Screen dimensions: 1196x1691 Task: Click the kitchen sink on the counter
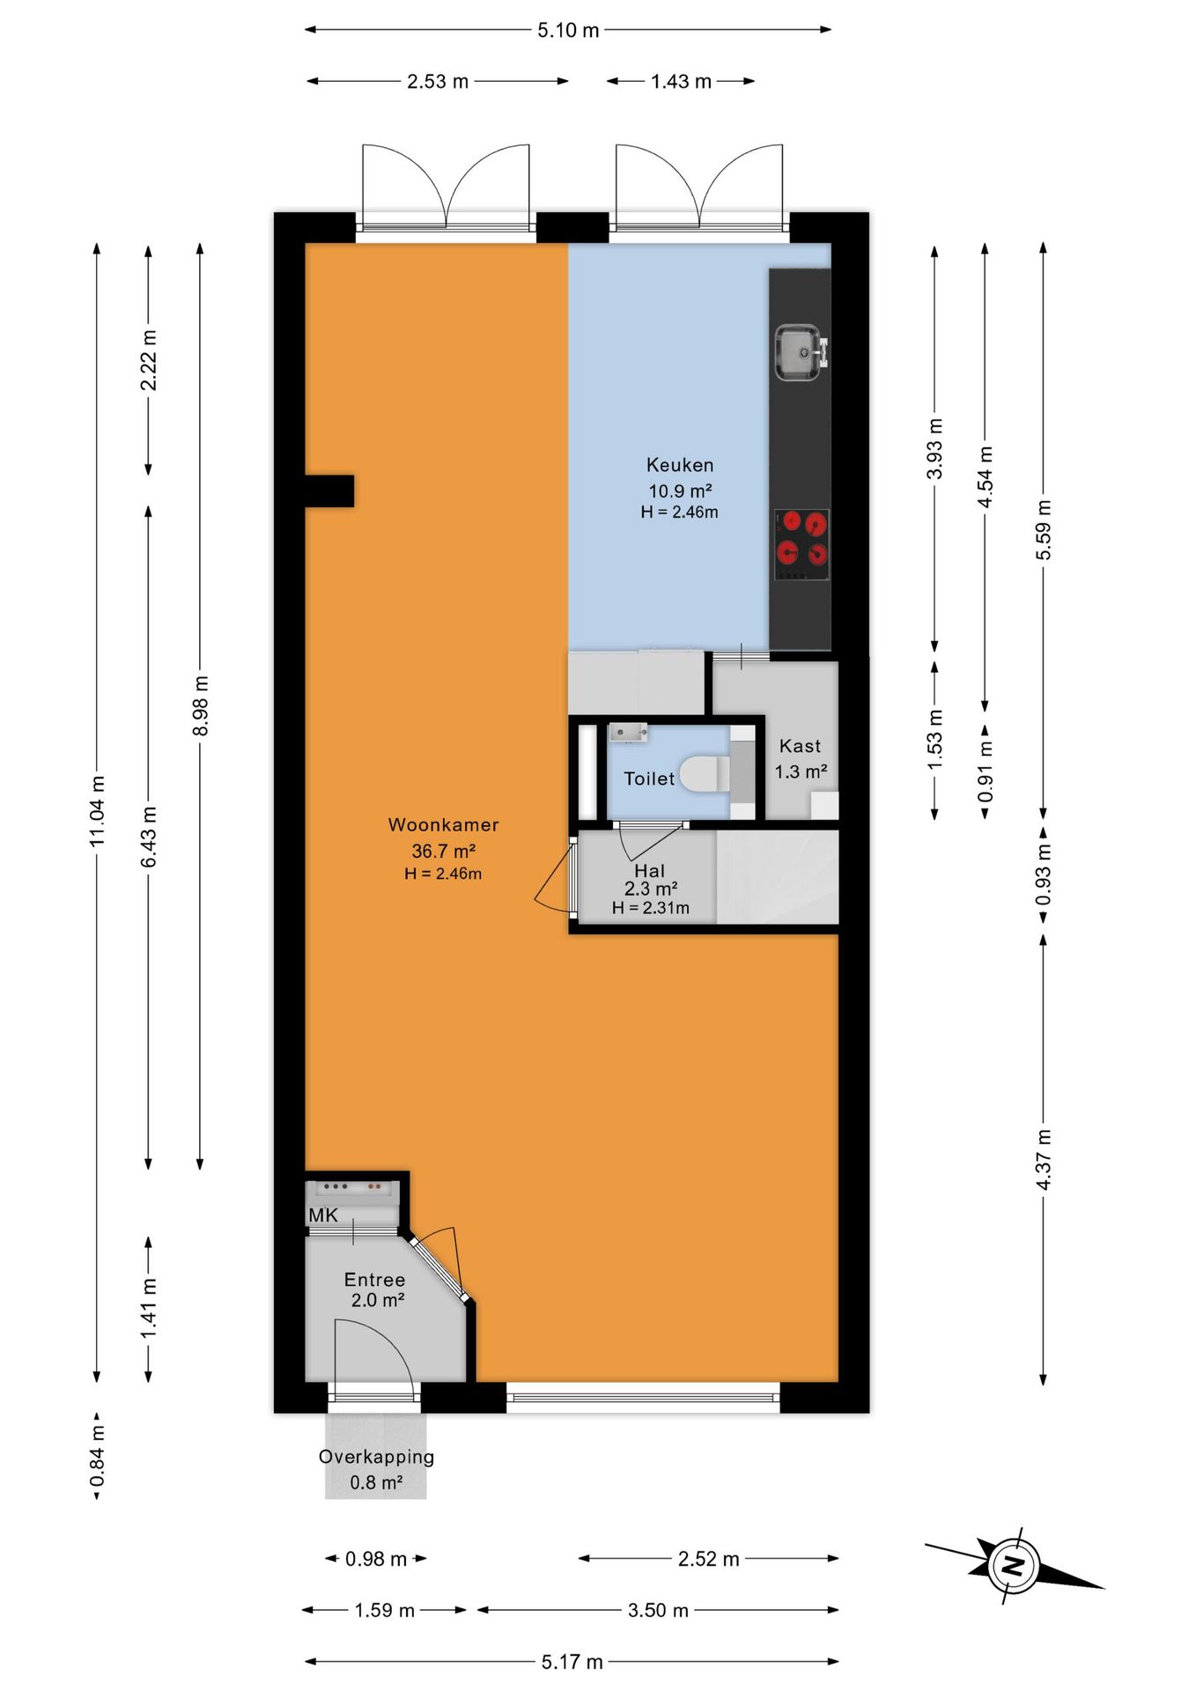tap(801, 353)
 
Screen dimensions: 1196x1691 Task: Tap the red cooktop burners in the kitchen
tap(801, 544)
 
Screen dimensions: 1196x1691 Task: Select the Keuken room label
tap(680, 465)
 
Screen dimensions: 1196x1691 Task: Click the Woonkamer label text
tap(443, 825)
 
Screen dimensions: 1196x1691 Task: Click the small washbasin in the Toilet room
tap(628, 732)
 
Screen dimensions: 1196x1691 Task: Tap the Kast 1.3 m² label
tap(801, 758)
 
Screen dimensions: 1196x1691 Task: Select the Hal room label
tap(650, 871)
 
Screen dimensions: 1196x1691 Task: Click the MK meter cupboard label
tap(323, 1215)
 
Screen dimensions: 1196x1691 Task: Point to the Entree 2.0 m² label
tap(376, 1289)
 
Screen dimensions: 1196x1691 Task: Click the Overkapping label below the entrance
tap(376, 1457)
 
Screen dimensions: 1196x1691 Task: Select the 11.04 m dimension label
tap(97, 811)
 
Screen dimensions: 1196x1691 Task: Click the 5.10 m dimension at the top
tap(569, 31)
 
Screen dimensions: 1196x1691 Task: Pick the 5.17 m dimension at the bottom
tap(572, 1662)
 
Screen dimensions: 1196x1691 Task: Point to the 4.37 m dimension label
tap(1044, 1159)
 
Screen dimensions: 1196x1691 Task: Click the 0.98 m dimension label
tap(376, 1559)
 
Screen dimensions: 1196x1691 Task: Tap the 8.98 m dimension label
tap(201, 706)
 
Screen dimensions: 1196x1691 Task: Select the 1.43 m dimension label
tap(682, 82)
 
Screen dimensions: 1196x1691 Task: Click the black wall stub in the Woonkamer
tap(329, 491)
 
